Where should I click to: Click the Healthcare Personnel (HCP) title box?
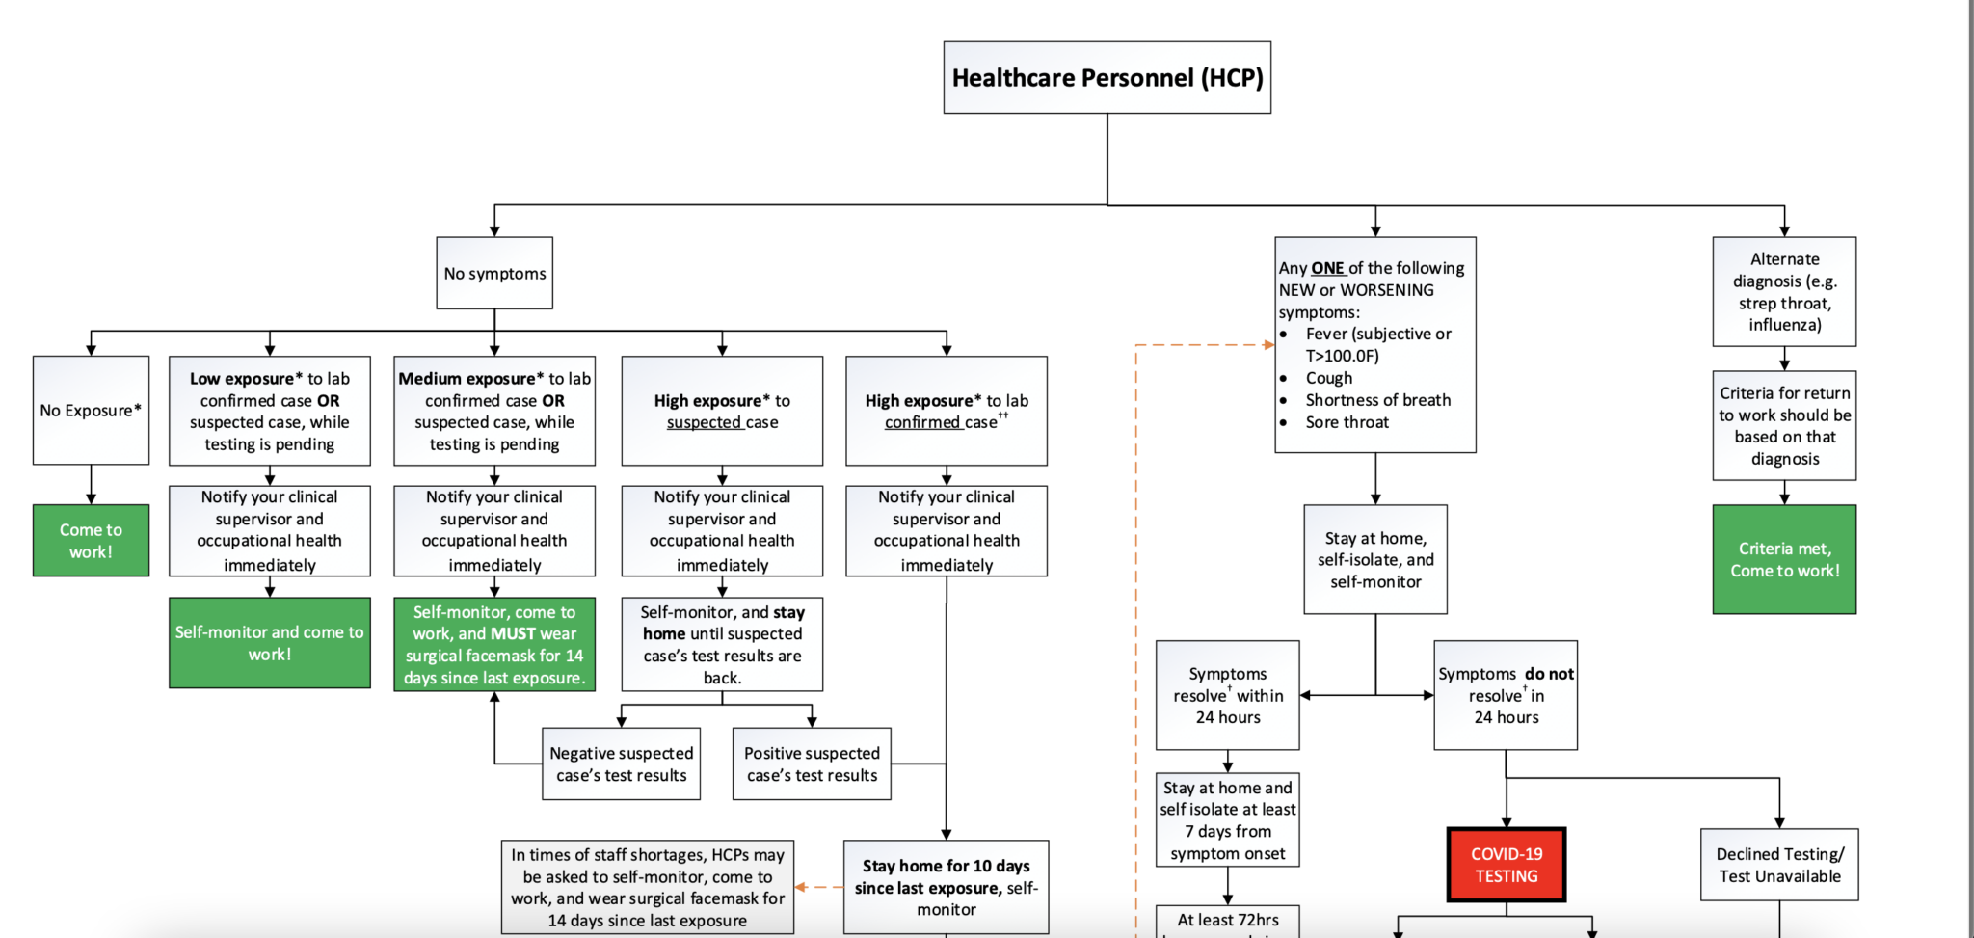(x=1107, y=77)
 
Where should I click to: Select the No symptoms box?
(x=494, y=273)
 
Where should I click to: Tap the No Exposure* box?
(x=91, y=410)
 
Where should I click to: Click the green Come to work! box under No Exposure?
(x=91, y=540)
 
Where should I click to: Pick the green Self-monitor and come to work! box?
(x=269, y=642)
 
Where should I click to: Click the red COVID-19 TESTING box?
(x=1506, y=865)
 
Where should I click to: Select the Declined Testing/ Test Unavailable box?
(x=1779, y=865)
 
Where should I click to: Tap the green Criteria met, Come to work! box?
(x=1784, y=559)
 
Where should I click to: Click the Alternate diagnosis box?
(x=1784, y=291)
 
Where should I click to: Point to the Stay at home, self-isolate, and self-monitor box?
(x=1375, y=559)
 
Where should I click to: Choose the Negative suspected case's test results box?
(x=621, y=764)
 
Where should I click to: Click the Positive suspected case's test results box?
(x=812, y=764)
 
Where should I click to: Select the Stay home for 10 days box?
(x=946, y=887)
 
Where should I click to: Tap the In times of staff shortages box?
(x=647, y=887)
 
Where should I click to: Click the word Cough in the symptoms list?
(x=1329, y=378)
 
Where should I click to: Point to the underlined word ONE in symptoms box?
(x=1327, y=268)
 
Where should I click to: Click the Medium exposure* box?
(x=494, y=411)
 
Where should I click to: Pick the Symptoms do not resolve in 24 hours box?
(x=1506, y=695)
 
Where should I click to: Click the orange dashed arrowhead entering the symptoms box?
(x=1269, y=344)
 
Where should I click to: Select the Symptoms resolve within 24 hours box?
(x=1227, y=695)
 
